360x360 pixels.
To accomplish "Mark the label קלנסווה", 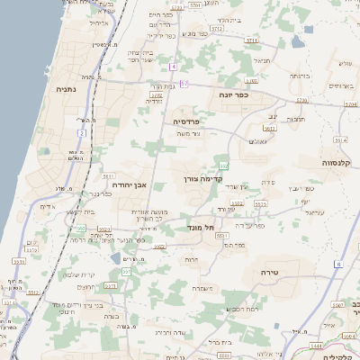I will pos(341,164).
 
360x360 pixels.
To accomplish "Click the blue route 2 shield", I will pos(82,133).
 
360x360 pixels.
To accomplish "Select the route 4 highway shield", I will pos(172,67).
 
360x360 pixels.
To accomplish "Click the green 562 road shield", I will pos(224,165).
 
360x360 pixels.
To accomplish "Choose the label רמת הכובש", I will pos(240,309).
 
